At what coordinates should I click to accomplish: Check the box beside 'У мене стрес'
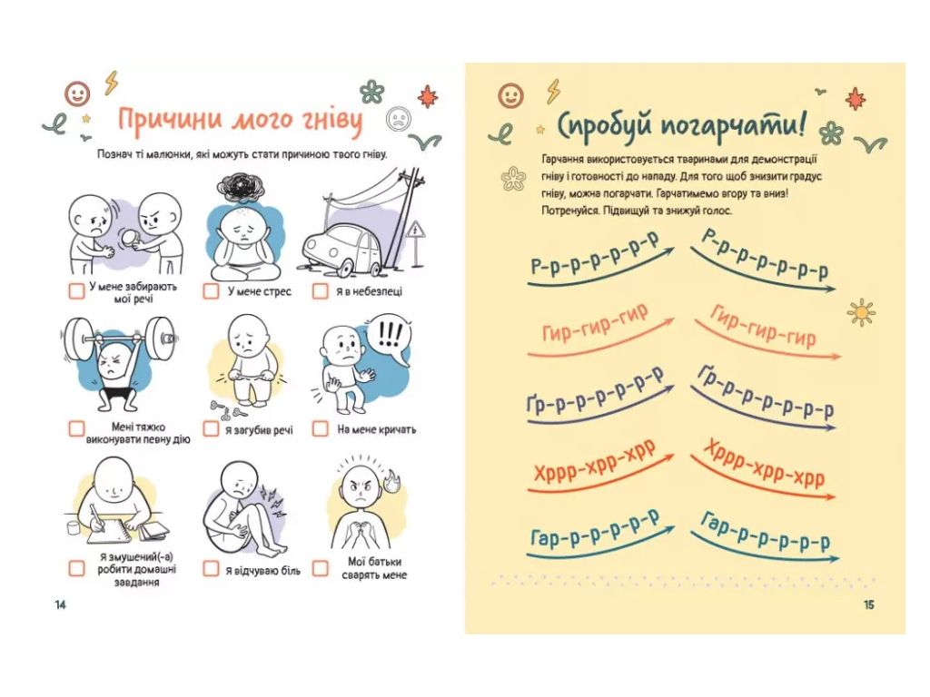pos(211,290)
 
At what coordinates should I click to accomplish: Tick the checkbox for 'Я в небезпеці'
pos(321,290)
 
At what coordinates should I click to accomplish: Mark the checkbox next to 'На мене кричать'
pos(321,428)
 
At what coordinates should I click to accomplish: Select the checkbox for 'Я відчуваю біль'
pos(211,568)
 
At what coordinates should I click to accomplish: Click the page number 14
pos(61,604)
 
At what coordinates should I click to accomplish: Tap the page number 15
pos(869,604)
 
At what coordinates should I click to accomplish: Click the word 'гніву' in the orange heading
pos(330,121)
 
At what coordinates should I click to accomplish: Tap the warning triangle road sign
pos(416,230)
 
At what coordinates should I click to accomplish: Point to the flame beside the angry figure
pos(392,481)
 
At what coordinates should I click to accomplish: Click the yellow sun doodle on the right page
pos(861,312)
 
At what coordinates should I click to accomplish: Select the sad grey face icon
pos(399,119)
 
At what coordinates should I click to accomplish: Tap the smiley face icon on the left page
pos(77,93)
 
